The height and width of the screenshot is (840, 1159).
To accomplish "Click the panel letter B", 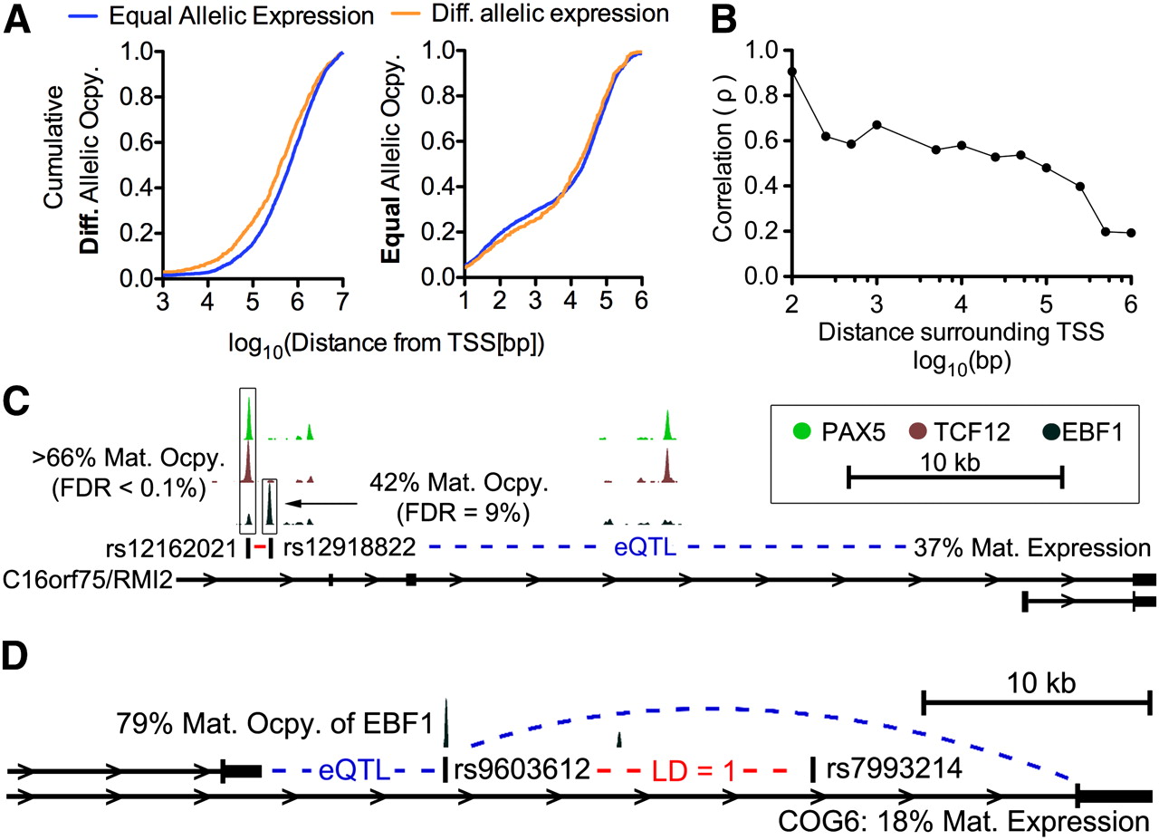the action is coord(723,21).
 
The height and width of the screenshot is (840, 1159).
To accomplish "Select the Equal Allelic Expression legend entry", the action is coord(221,16).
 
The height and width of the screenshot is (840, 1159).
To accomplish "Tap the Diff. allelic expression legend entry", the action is coord(530,14).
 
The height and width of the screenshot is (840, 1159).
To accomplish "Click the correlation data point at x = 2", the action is coord(791,72).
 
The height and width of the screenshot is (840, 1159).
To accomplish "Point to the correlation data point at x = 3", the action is coord(876,125).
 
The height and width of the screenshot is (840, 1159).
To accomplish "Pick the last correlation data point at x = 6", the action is coord(1131,233).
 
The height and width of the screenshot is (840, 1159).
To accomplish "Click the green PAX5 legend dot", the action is coord(801,431).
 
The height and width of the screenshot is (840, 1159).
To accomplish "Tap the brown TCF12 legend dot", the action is coord(917,431).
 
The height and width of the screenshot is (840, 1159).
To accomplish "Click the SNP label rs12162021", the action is coord(171,548).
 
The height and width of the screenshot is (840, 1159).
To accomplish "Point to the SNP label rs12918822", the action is coord(350,547).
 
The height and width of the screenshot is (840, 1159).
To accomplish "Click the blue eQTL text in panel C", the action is coord(645,547).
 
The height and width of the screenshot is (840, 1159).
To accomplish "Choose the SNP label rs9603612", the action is coord(522,769).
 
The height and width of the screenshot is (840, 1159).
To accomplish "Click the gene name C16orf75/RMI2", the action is coord(88,580).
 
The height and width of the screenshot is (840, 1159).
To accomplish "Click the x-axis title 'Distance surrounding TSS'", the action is coord(962,332).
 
